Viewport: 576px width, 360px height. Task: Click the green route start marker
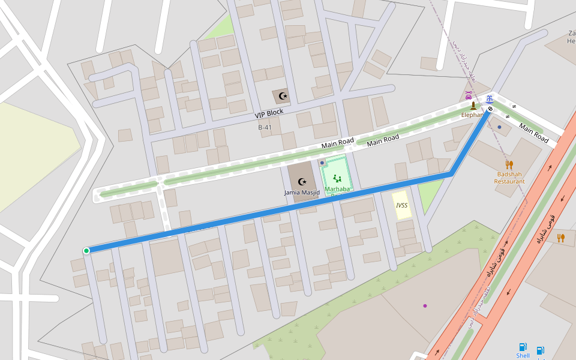pyautogui.click(x=86, y=250)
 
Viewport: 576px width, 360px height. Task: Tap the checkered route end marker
pyautogui.click(x=490, y=109)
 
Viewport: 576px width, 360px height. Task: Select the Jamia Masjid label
pyautogui.click(x=302, y=193)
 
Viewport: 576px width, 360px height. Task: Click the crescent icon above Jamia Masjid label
pyautogui.click(x=302, y=181)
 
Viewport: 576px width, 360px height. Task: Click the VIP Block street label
pyautogui.click(x=269, y=113)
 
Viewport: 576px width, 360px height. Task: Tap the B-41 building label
pyautogui.click(x=265, y=127)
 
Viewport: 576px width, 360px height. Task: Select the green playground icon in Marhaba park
pyautogui.click(x=337, y=178)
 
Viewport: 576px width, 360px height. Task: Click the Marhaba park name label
pyautogui.click(x=337, y=190)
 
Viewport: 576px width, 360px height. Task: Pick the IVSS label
pyautogui.click(x=401, y=205)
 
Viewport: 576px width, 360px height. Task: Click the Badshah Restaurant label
pyautogui.click(x=509, y=178)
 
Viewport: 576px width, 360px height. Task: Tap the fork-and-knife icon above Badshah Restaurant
pyautogui.click(x=509, y=164)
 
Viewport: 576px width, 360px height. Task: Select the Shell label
pyautogui.click(x=523, y=356)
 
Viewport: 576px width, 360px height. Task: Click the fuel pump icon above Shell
pyautogui.click(x=523, y=346)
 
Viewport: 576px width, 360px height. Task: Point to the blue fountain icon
pyautogui.click(x=490, y=99)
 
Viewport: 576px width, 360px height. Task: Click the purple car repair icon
pyautogui.click(x=469, y=95)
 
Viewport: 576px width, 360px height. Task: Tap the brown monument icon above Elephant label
pyautogui.click(x=473, y=106)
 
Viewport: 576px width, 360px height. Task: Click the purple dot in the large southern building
pyautogui.click(x=425, y=306)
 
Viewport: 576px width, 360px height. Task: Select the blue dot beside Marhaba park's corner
pyautogui.click(x=322, y=163)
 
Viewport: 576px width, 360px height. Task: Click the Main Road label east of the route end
pyautogui.click(x=534, y=133)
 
